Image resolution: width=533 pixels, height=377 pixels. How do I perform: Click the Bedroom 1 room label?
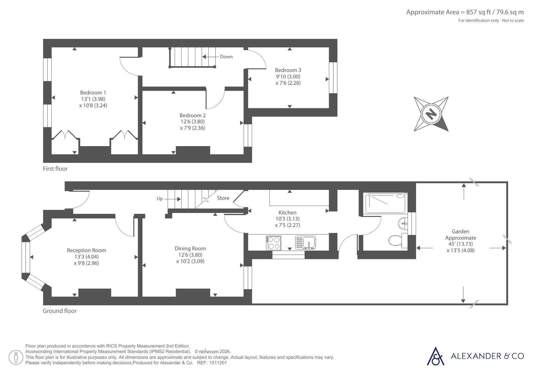tap(93, 93)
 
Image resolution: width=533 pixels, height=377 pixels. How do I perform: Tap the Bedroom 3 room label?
tap(288, 70)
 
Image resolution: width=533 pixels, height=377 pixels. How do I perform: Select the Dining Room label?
tap(190, 248)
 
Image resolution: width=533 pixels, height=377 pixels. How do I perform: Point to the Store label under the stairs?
tap(223, 198)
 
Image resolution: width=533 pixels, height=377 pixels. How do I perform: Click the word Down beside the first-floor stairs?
tap(226, 57)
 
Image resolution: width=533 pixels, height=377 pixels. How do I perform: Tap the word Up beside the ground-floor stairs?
tap(160, 199)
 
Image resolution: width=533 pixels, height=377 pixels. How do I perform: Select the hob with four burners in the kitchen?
tap(274, 243)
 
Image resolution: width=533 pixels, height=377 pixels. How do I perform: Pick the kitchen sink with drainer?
tap(306, 243)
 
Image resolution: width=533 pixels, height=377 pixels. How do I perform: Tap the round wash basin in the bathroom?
tap(403, 223)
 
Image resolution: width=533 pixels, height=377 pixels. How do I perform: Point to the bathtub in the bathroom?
tap(385, 203)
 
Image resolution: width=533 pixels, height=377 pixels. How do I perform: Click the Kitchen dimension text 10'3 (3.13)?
tap(287, 219)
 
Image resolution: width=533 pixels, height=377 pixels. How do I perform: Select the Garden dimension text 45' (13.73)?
tap(461, 244)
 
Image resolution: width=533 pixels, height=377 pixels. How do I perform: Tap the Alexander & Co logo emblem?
tap(435, 356)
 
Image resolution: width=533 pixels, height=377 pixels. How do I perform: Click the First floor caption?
tap(55, 169)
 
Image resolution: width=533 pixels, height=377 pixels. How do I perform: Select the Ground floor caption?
tap(59, 311)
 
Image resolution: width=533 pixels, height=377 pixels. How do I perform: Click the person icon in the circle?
tap(16, 357)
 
